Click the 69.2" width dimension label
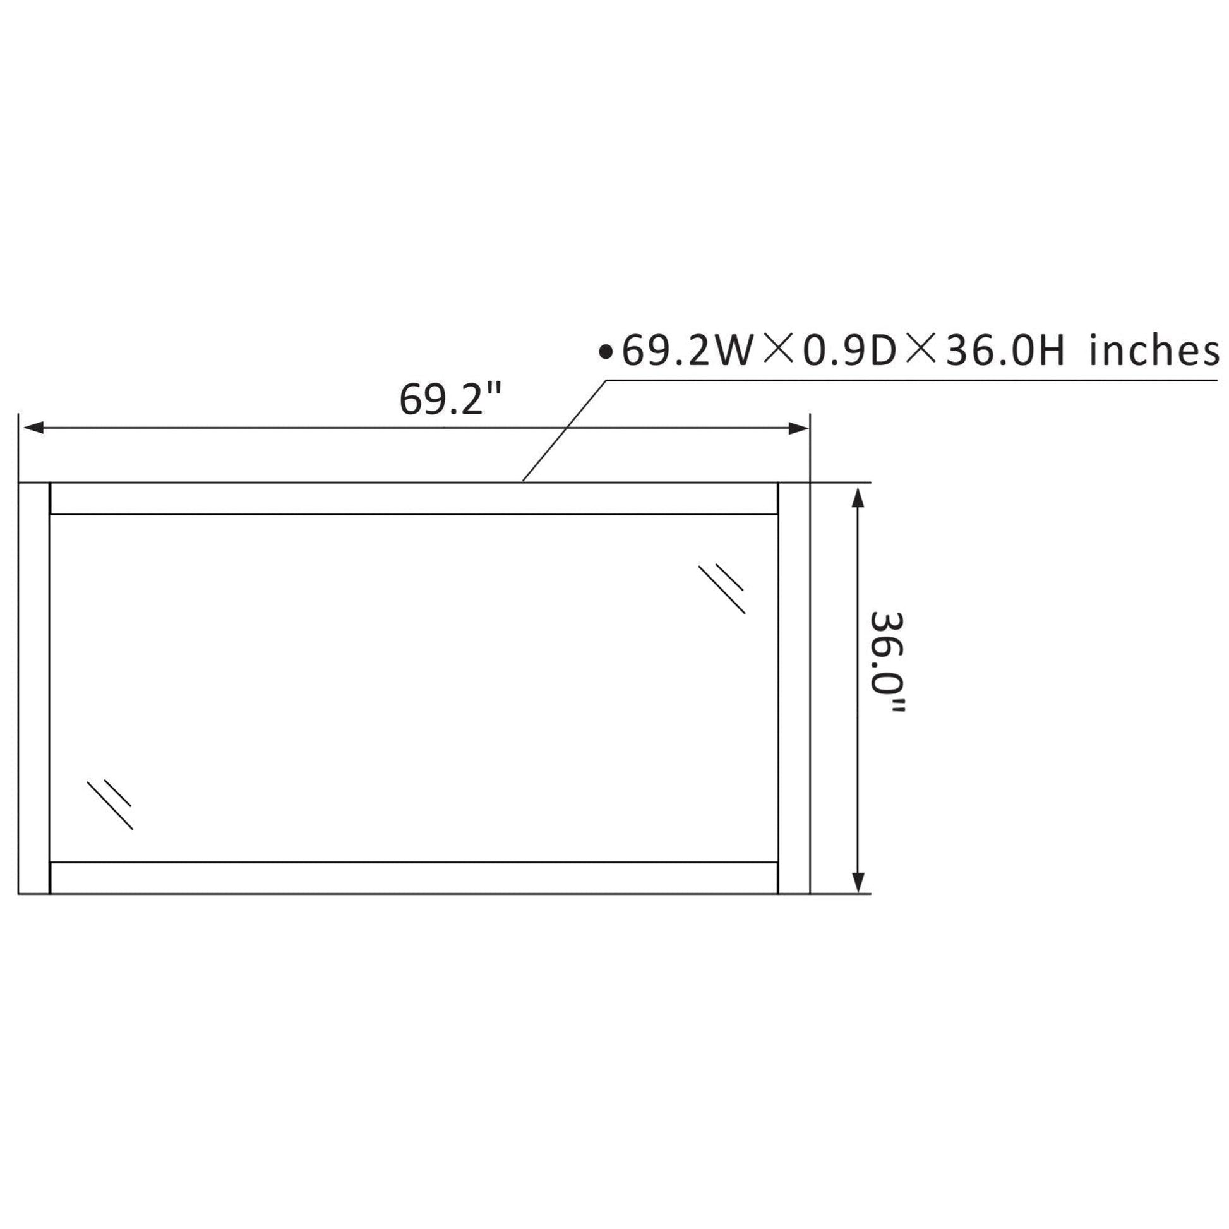[450, 400]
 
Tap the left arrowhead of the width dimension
[33, 428]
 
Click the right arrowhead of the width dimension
[798, 428]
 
